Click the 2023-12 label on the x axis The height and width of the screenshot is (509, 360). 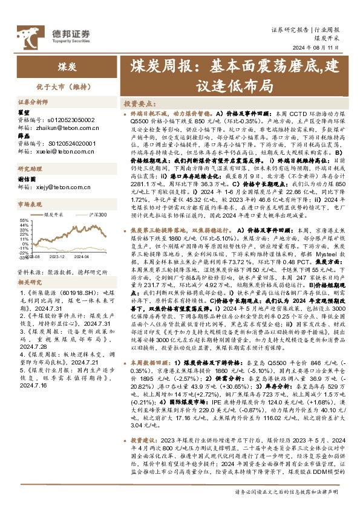click(64, 256)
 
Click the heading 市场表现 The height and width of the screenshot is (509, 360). click(29, 204)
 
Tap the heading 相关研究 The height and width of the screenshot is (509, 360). click(29, 282)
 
